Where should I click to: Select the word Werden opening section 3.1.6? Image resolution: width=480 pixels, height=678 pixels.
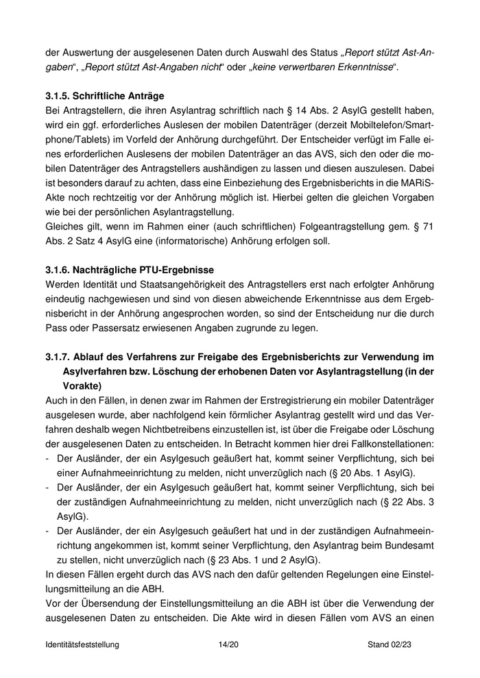[x=63, y=284]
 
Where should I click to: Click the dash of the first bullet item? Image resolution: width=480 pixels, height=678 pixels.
[x=47, y=459]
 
